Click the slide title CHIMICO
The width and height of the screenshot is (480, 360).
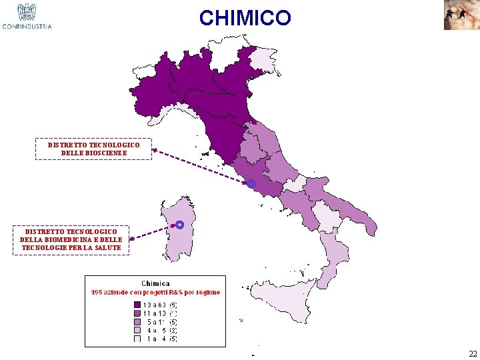pyautogui.click(x=245, y=18)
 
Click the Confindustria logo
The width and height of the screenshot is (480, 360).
pyautogui.click(x=27, y=17)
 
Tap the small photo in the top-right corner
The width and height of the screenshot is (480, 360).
pyautogui.click(x=461, y=15)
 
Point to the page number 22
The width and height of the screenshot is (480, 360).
pyautogui.click(x=473, y=353)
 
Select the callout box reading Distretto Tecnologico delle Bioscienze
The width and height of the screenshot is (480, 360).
pyautogui.click(x=93, y=149)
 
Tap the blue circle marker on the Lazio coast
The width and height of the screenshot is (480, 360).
pyautogui.click(x=251, y=184)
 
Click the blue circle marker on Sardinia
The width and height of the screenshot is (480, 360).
pyautogui.click(x=180, y=225)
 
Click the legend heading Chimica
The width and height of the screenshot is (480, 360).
pyautogui.click(x=155, y=283)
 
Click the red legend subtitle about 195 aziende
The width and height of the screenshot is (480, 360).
pyautogui.click(x=155, y=292)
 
